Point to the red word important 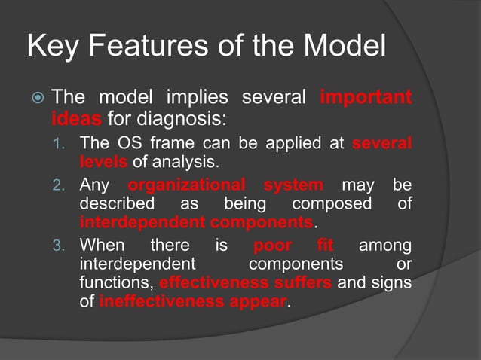(366, 97)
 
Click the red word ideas (77, 118)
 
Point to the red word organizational (187, 185)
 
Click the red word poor (273, 245)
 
